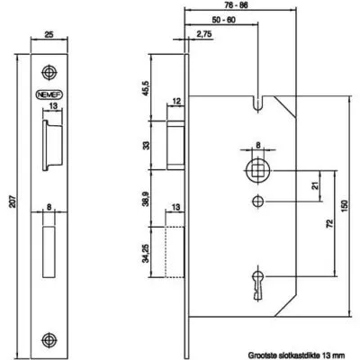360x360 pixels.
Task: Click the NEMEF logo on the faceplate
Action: tap(49, 94)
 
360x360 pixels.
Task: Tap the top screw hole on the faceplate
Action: tap(49, 72)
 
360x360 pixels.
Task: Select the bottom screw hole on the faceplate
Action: tap(49, 339)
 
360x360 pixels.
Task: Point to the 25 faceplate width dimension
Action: tap(49, 34)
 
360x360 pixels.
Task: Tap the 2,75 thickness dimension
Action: tap(204, 34)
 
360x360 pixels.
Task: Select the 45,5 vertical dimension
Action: tap(146, 87)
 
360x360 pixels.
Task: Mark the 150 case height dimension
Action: tap(345, 206)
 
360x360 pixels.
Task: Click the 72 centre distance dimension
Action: tap(329, 223)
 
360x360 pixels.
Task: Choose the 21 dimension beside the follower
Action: tap(315, 186)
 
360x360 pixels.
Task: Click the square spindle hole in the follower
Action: tap(257, 171)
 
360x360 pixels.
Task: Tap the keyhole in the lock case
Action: tap(257, 284)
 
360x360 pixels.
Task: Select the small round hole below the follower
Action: tap(257, 201)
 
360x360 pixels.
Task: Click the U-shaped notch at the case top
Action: tap(257, 103)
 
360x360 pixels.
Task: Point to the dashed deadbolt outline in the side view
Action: tap(174, 252)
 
